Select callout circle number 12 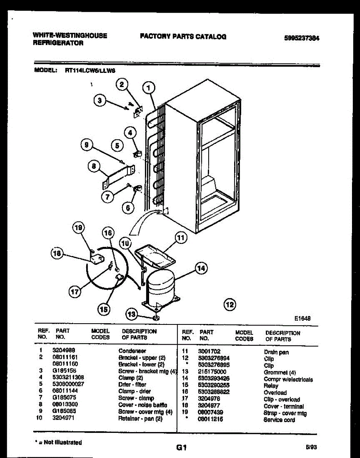[x=230, y=304]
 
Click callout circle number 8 [x=94, y=166]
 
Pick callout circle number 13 [x=132, y=314]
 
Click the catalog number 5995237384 [x=301, y=38]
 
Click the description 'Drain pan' [x=276, y=352]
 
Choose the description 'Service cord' [x=279, y=420]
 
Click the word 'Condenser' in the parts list [x=132, y=350]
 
